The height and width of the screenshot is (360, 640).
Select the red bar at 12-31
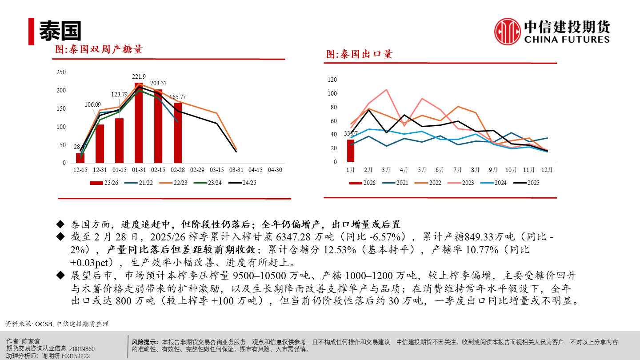100,144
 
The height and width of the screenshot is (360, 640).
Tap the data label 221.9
139,76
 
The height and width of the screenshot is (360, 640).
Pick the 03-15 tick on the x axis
216,170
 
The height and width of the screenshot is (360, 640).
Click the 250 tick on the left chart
61,72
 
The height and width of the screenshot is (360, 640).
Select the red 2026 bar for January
351,151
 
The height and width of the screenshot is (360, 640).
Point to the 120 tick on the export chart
332,80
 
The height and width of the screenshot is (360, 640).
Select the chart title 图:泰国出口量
359,54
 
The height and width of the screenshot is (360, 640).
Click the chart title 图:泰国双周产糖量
98,49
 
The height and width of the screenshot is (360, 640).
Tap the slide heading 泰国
60,31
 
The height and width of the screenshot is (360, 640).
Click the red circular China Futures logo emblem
508,32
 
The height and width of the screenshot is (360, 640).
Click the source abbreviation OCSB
44,324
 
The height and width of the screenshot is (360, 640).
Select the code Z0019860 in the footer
82,349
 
